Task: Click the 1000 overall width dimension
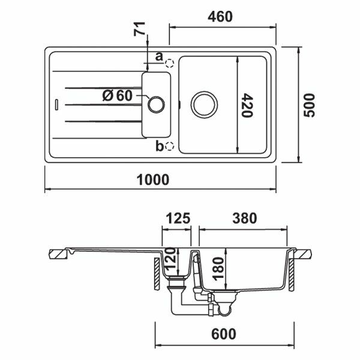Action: tap(153, 180)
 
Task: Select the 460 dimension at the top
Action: tap(220, 17)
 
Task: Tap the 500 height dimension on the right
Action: tap(309, 105)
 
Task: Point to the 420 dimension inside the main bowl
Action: tap(247, 105)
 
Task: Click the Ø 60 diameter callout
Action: tap(118, 95)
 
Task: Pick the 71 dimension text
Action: tap(139, 29)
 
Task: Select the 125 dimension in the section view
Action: tap(178, 218)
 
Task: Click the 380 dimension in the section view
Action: tap(245, 218)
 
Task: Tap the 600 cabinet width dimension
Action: tap(223, 334)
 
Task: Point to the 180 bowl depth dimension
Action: tap(218, 269)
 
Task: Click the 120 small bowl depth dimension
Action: tap(170, 258)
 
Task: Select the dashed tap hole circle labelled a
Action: tap(170, 63)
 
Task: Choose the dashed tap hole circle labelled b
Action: tap(170, 146)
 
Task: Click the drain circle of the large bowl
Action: tap(204, 104)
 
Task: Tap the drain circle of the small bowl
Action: tap(156, 104)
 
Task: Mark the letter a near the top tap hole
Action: tap(159, 56)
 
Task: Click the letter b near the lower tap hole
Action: tap(159, 146)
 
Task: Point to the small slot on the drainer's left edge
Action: tap(56, 104)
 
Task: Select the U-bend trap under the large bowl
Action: tap(224, 310)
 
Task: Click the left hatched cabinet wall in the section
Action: tap(157, 273)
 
